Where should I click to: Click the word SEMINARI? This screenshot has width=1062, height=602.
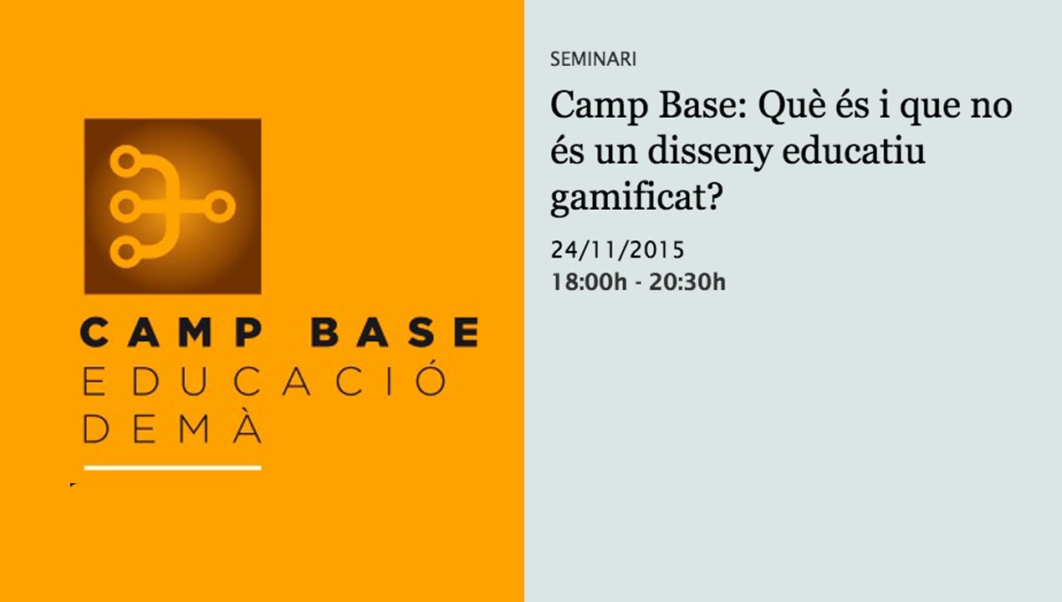click(x=593, y=59)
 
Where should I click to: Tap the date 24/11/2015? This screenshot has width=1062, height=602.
click(x=617, y=249)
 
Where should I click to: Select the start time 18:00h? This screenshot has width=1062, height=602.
click(x=588, y=282)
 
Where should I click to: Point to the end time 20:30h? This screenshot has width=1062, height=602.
click(x=687, y=282)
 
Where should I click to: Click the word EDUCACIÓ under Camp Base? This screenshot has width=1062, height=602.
click(x=263, y=381)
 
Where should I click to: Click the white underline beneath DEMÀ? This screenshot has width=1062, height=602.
click(x=172, y=467)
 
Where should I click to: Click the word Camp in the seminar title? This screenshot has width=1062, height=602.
click(x=595, y=107)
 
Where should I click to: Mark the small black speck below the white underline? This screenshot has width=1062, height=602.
click(x=73, y=484)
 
